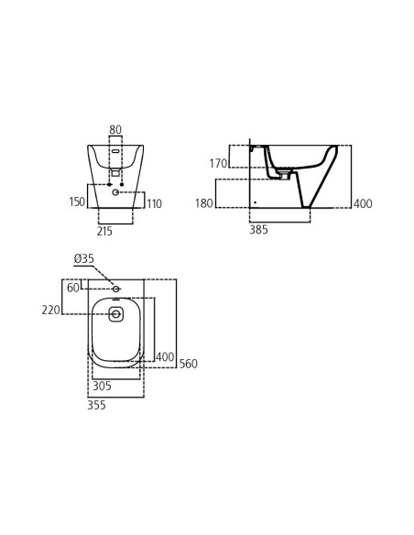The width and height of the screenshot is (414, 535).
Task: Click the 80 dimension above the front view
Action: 115,130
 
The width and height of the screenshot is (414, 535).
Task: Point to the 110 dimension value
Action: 154,204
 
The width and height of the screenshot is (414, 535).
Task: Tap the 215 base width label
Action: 105,232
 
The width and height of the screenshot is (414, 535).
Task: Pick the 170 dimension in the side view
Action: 218,164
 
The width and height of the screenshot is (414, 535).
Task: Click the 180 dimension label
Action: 203,203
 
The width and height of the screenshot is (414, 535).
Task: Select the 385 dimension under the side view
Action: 258,230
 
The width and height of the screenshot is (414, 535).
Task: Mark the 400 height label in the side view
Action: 363,204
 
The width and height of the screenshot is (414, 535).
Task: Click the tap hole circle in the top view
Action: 115,314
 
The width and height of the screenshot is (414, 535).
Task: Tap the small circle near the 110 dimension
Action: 115,192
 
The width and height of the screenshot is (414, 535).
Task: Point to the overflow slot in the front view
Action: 115,151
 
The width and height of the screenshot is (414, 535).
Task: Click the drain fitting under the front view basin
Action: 115,172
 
